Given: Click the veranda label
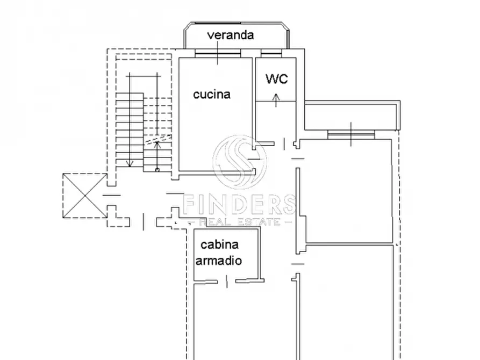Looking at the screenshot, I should (231, 36).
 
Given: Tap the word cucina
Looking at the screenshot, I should (211, 95).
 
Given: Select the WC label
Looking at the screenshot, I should (276, 79).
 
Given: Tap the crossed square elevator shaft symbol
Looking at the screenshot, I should (83, 196).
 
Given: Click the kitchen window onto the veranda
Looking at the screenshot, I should (217, 54).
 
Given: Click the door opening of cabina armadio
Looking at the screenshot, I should (227, 280).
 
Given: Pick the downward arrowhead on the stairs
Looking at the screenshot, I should (130, 164).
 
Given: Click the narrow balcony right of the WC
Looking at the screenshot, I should (352, 115).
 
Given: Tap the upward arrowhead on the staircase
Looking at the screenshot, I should (156, 143).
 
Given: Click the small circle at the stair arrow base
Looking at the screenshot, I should (157, 170).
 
